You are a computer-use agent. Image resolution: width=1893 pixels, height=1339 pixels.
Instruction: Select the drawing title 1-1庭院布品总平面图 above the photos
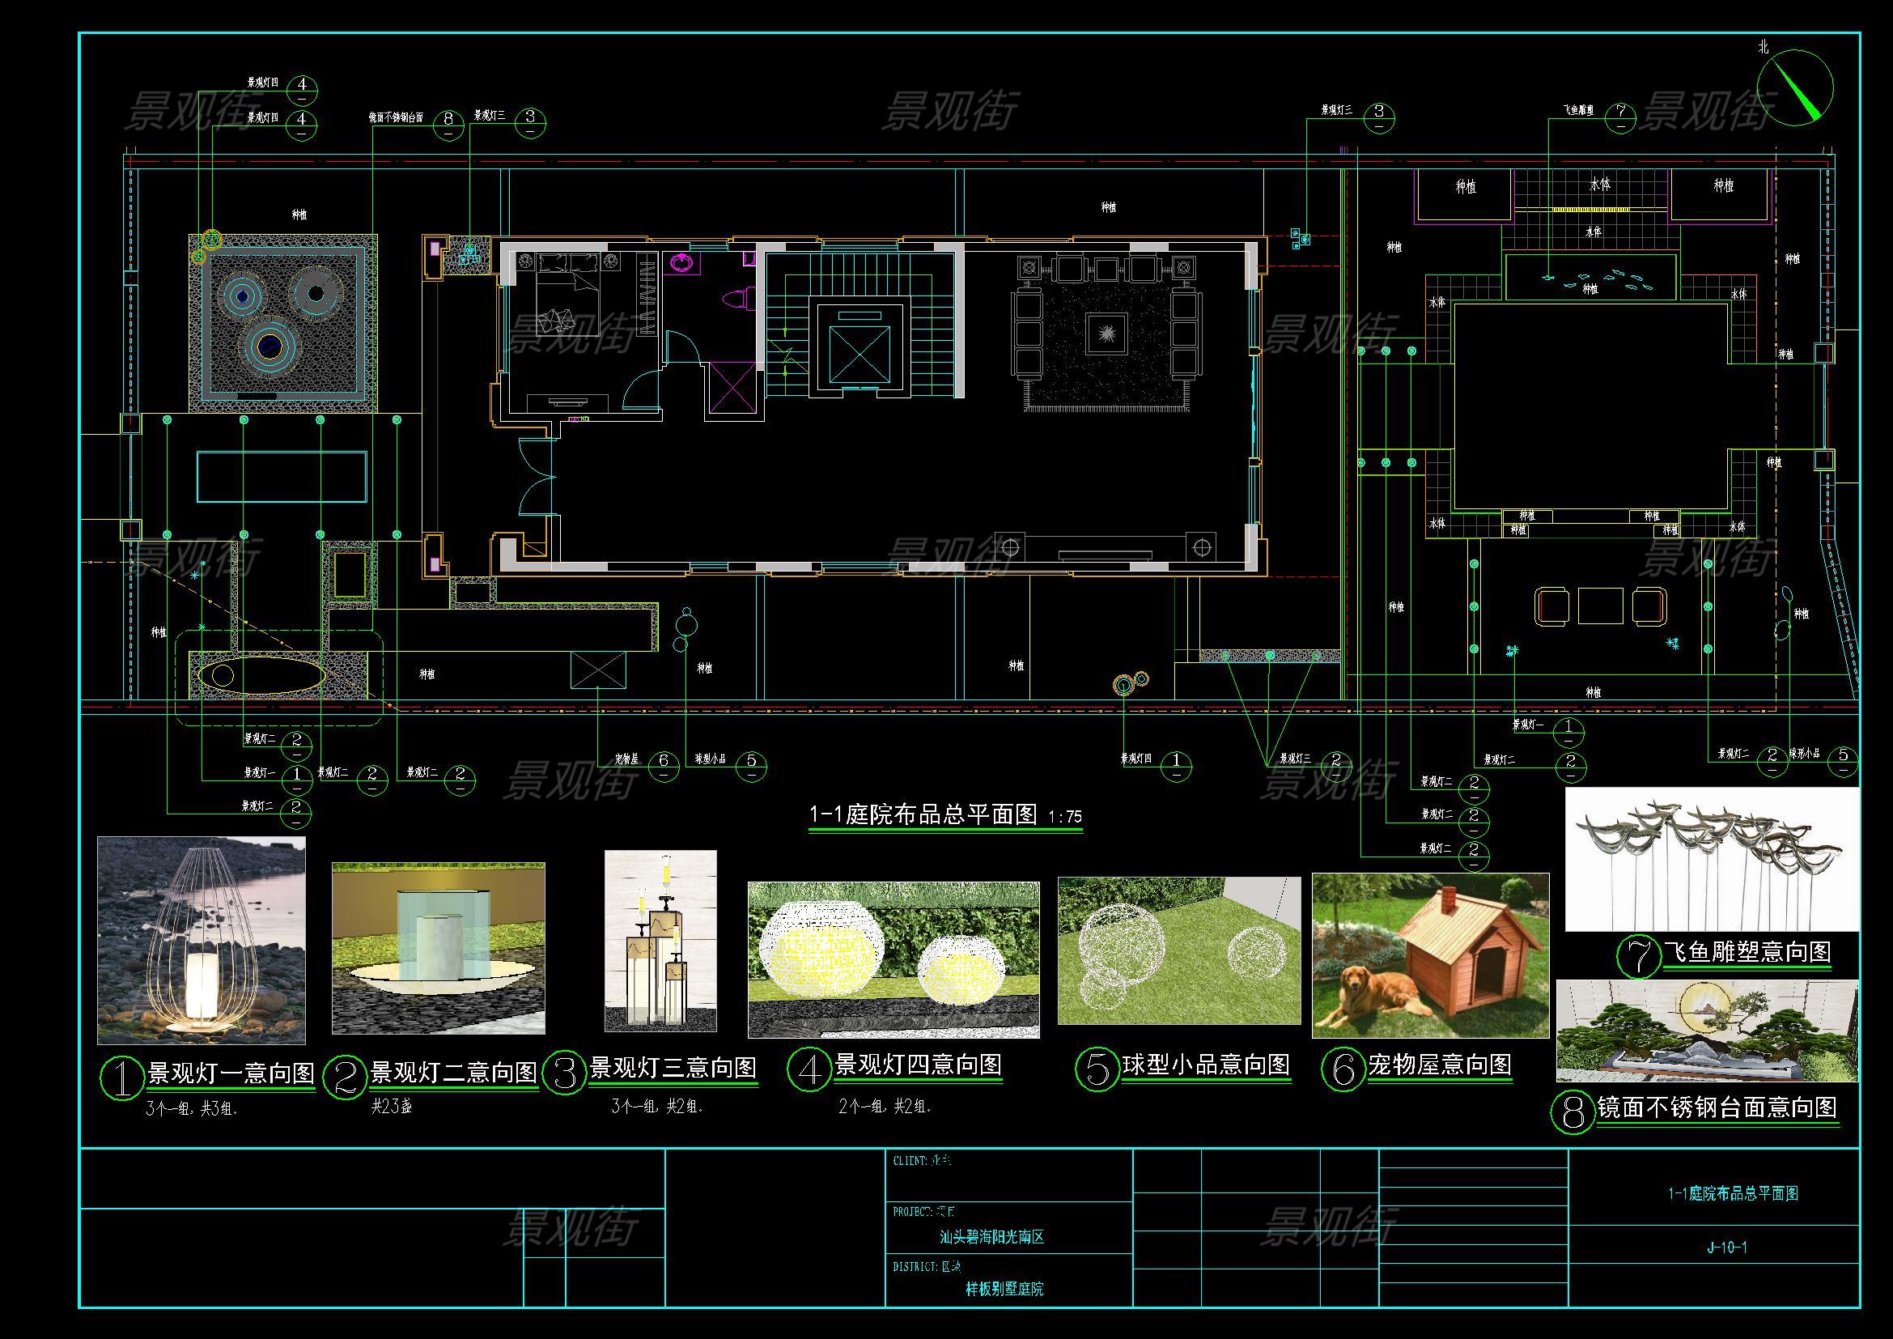(x=923, y=814)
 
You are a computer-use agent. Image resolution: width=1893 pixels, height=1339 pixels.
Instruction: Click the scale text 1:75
(x=1064, y=817)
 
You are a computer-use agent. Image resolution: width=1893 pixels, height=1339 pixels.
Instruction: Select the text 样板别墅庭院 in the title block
(x=1004, y=1289)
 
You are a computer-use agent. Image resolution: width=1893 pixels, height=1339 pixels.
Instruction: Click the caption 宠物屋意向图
(x=1440, y=1065)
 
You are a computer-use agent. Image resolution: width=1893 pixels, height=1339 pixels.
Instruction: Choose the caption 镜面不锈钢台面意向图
(x=1717, y=1107)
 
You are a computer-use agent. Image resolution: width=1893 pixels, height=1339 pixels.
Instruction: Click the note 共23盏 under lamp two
(x=392, y=1107)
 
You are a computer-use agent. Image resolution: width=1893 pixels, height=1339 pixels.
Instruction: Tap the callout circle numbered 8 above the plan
(x=448, y=120)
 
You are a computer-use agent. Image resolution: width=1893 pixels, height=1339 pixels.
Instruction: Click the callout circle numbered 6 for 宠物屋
(x=664, y=761)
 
